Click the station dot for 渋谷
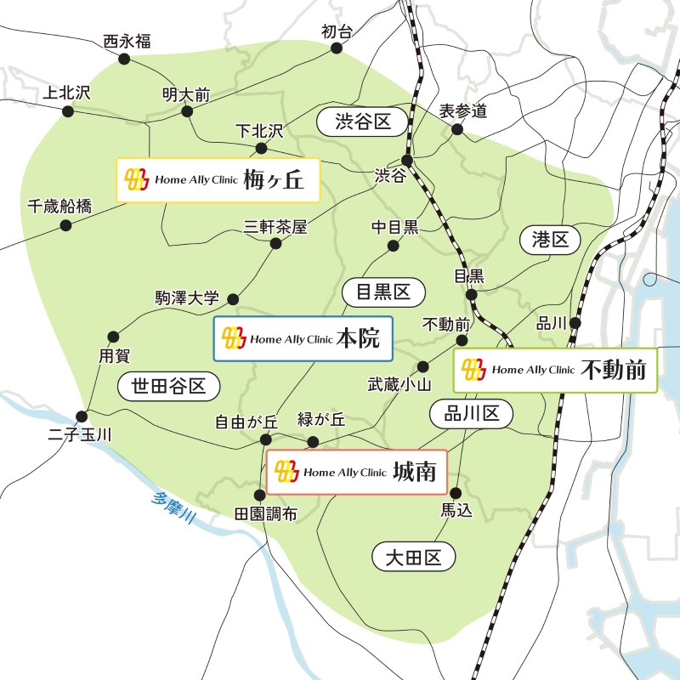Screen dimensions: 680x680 coord(407,160)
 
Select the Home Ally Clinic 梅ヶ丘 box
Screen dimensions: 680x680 coord(218,179)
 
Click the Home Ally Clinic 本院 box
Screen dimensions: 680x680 coord(303,338)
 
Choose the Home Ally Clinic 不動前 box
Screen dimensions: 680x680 coord(555,370)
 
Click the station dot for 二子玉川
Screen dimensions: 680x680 coord(82,416)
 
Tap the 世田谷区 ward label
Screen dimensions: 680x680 coord(169,387)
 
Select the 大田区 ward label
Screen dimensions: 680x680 coord(414,558)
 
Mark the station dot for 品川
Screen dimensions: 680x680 coord(575,323)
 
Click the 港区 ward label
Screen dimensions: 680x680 coord(549,240)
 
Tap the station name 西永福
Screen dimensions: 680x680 coord(127,41)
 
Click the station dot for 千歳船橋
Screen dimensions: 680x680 coord(66,225)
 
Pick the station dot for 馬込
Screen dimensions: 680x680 coord(456,493)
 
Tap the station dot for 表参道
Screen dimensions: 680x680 coord(457,129)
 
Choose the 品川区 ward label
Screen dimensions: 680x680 coord(471,414)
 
